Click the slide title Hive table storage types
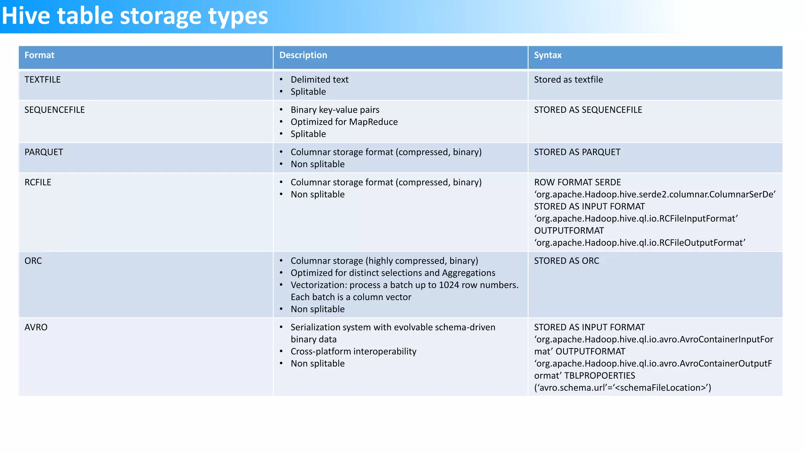point(135,17)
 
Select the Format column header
point(39,55)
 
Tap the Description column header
point(303,55)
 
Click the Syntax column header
point(547,55)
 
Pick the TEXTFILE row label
point(43,80)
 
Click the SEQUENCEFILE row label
point(55,110)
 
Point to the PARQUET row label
point(44,152)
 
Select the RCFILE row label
point(38,182)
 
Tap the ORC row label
point(33,261)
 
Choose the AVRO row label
point(36,328)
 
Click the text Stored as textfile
point(568,80)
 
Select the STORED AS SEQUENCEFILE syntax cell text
point(588,110)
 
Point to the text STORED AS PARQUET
point(577,152)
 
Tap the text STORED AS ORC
point(566,261)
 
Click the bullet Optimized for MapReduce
point(344,122)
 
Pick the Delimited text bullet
point(320,80)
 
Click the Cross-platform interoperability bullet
point(353,352)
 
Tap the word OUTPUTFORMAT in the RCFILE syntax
point(569,231)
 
